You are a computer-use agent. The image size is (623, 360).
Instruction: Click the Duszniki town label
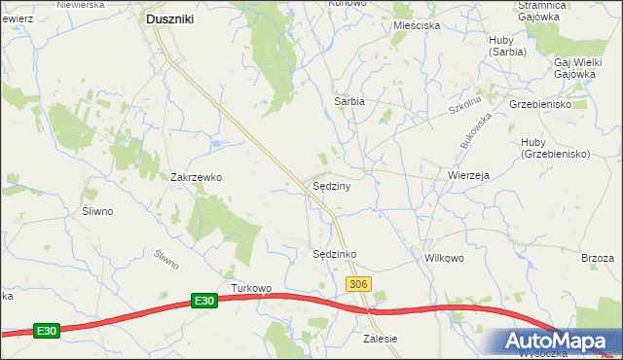click(172, 18)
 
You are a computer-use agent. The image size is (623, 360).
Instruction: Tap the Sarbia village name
click(349, 100)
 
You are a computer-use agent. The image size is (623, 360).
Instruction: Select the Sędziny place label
click(331, 185)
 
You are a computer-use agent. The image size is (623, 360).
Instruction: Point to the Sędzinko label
click(334, 254)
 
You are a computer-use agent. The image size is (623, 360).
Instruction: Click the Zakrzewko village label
click(198, 177)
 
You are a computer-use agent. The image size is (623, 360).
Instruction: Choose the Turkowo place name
click(251, 288)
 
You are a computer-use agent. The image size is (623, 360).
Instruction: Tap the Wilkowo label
click(444, 259)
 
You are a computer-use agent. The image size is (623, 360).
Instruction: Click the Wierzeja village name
click(468, 176)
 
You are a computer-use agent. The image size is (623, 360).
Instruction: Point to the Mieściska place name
click(417, 25)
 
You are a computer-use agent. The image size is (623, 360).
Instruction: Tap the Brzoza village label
click(598, 258)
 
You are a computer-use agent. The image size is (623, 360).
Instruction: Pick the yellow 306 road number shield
click(358, 283)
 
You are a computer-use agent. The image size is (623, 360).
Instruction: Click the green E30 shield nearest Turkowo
click(202, 302)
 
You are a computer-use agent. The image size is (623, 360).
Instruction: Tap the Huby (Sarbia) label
click(507, 46)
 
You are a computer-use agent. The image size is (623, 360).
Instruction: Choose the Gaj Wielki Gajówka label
click(574, 67)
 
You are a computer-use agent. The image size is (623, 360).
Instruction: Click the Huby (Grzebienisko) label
click(556, 148)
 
